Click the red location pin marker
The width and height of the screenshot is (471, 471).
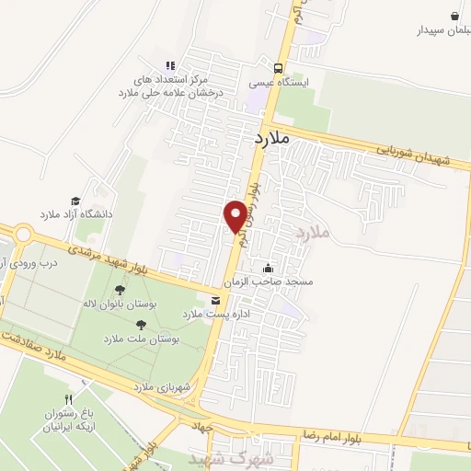click(x=235, y=215)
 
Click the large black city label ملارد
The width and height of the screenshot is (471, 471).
click(x=270, y=138)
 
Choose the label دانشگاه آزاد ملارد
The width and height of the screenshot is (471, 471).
click(x=75, y=214)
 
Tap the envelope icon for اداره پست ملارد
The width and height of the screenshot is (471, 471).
click(x=215, y=301)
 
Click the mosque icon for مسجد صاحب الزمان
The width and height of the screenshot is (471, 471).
click(x=268, y=269)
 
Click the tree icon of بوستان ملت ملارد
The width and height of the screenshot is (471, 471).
click(x=140, y=324)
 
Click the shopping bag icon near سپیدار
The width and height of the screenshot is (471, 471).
click(x=454, y=16)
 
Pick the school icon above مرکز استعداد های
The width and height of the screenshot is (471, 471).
click(x=169, y=65)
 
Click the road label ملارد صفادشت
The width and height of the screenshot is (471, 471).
click(x=37, y=344)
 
